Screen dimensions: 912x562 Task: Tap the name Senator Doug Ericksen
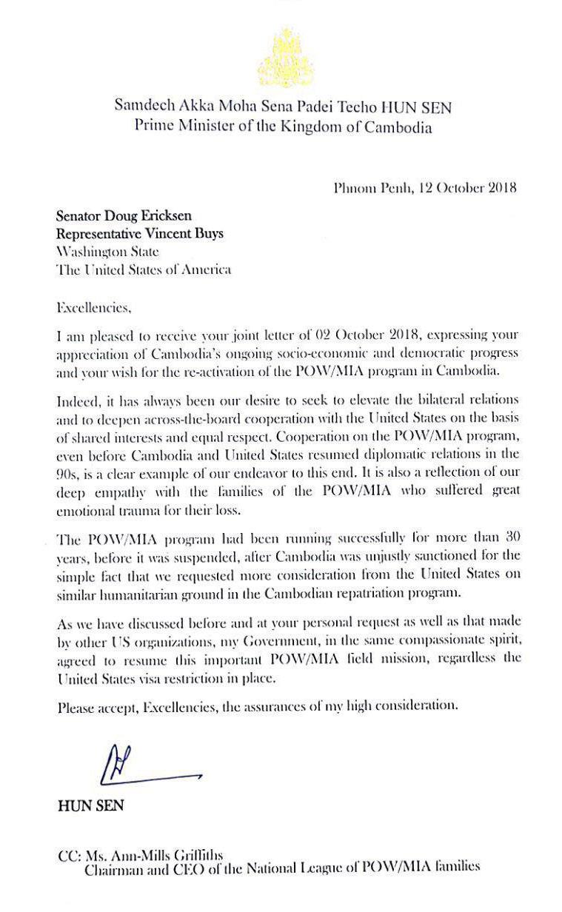(123, 216)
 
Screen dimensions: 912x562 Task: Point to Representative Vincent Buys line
(140, 234)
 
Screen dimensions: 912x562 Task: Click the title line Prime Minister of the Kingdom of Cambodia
(282, 127)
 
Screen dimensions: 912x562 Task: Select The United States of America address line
(144, 269)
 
